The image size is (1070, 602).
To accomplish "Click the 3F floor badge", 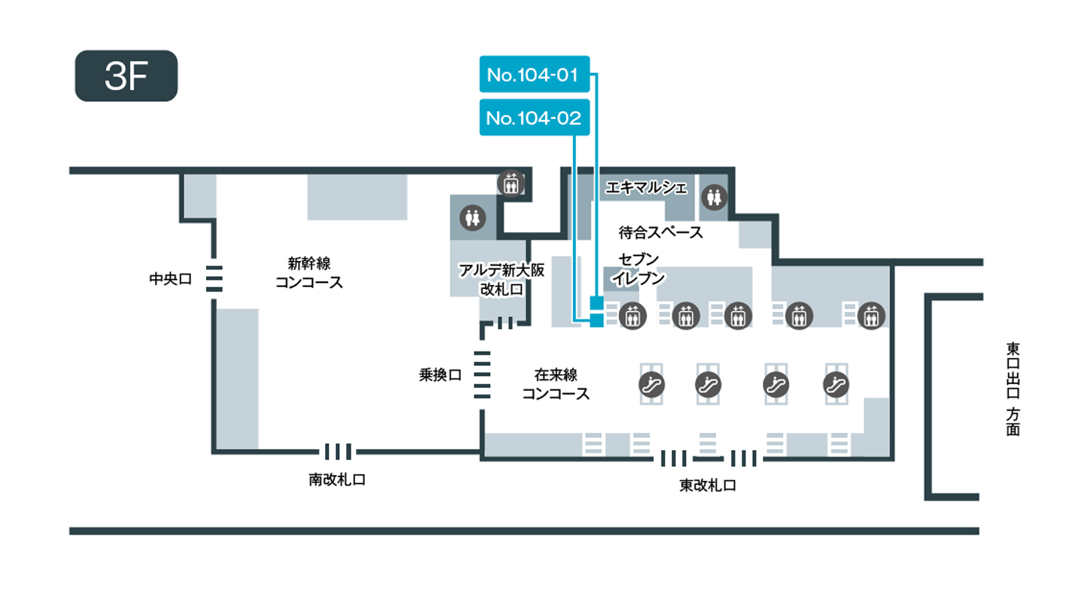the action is tap(126, 76).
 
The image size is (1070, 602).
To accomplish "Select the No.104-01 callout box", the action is tap(534, 74).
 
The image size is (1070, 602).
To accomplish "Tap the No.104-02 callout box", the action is tap(534, 118).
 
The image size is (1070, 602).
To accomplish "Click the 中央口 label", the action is tap(171, 278).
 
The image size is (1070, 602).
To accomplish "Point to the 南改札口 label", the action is tap(337, 479).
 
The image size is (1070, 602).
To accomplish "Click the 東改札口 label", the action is tap(708, 485).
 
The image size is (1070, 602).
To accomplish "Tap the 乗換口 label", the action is tap(440, 375).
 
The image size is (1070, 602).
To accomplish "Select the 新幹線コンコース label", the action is tap(309, 272).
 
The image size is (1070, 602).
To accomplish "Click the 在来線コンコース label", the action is tap(556, 384).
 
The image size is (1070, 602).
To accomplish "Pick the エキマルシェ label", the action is tap(646, 187).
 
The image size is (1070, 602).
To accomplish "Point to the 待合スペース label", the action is tap(661, 232).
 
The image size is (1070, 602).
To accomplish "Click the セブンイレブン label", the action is tap(639, 268).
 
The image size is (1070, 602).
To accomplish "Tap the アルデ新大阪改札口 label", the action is tap(502, 280).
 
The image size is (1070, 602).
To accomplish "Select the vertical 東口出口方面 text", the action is tap(1012, 389).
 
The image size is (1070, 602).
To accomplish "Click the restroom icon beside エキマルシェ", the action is tap(714, 197).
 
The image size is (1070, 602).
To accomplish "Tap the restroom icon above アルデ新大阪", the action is tap(472, 218).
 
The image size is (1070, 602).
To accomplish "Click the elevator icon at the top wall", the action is tap(511, 183).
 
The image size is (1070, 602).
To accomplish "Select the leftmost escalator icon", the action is tap(651, 384).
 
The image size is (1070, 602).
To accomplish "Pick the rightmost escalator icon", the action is tap(836, 384).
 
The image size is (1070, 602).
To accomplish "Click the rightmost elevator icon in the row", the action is tap(871, 316).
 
